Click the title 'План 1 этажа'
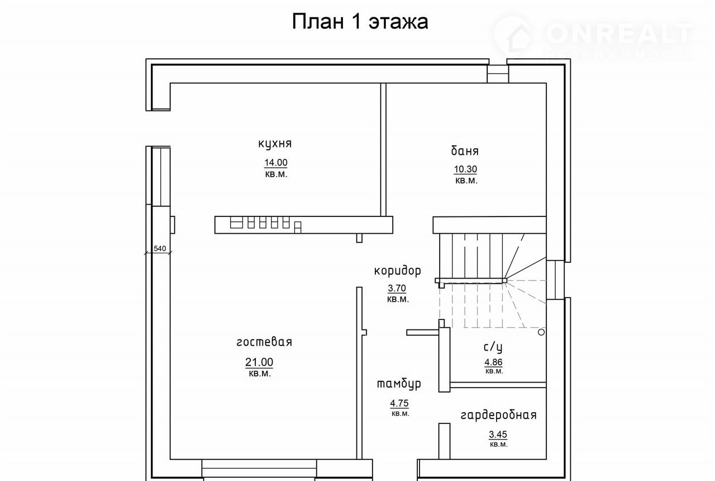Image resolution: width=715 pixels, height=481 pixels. [x=360, y=22]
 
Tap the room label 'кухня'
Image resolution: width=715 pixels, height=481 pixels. [x=275, y=144]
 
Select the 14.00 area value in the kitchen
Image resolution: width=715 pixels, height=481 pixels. [x=276, y=163]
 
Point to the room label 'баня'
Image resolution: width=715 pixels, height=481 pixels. [x=465, y=150]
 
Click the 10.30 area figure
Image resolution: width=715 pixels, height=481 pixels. [x=465, y=169]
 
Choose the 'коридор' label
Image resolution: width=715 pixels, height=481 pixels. [x=397, y=271]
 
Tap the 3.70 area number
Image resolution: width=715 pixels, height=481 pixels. [x=397, y=288]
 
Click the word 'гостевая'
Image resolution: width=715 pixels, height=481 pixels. [x=264, y=342]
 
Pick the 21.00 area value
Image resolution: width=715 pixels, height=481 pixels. [x=259, y=362]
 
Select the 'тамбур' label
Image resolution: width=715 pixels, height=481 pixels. [x=399, y=384]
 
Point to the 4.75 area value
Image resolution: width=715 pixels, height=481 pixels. [x=399, y=403]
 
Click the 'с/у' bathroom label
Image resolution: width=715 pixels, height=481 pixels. [x=493, y=347]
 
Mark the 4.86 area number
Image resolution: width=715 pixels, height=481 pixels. [x=493, y=362]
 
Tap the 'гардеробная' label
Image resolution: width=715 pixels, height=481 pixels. [x=499, y=415]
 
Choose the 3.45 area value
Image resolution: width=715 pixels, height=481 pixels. [x=498, y=435]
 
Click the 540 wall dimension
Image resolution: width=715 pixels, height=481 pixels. [x=160, y=248]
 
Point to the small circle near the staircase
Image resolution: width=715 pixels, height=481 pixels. [x=541, y=332]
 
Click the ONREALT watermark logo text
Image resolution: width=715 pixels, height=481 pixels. [x=619, y=34]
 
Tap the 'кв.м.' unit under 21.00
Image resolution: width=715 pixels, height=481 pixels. [x=260, y=374]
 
